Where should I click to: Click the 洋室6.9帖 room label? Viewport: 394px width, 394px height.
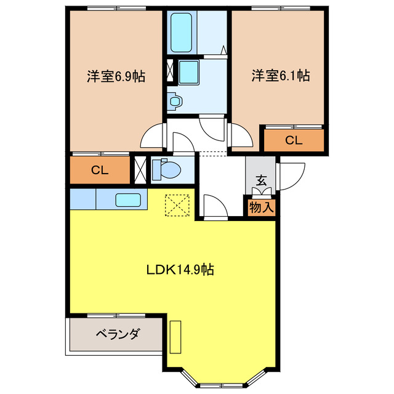(x=116, y=76)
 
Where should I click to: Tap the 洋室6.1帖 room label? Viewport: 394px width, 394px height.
(x=280, y=76)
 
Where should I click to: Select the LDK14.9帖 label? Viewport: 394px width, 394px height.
(x=180, y=270)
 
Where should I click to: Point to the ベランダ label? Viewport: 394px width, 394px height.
(x=118, y=334)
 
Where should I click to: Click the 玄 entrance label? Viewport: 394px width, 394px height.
(x=261, y=181)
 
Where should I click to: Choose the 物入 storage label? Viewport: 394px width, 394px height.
(x=261, y=207)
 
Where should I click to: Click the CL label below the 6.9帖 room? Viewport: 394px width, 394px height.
(x=100, y=171)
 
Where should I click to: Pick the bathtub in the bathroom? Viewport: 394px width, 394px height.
(x=181, y=31)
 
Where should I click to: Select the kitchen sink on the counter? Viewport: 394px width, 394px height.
(x=129, y=199)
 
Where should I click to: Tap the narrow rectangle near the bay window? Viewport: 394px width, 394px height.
(x=175, y=337)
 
